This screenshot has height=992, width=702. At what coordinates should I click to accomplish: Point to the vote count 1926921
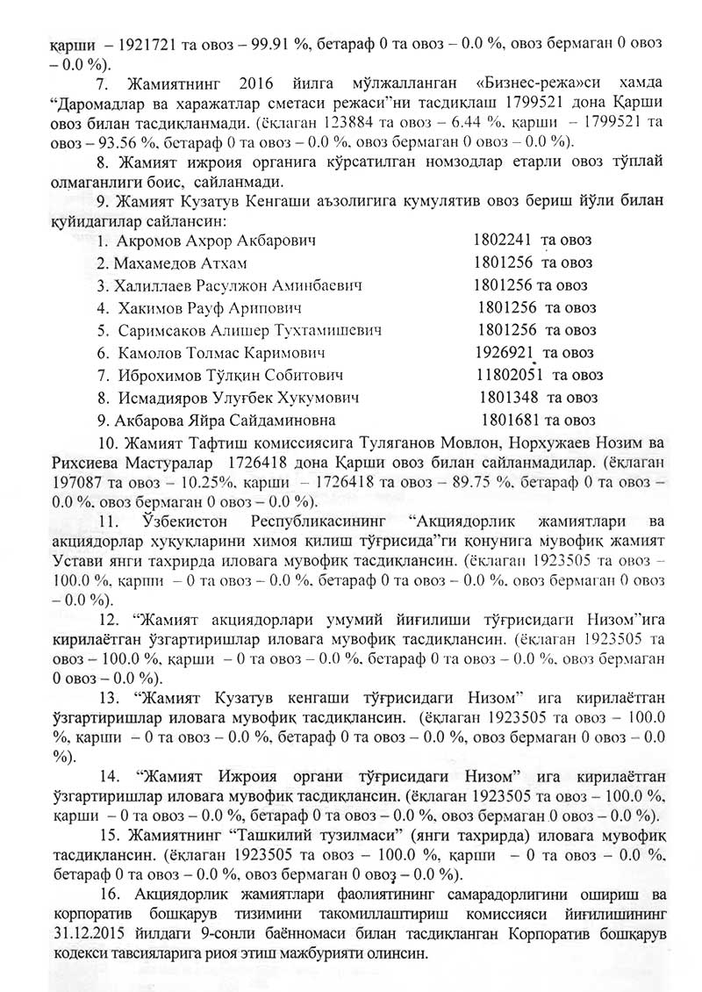504,353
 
